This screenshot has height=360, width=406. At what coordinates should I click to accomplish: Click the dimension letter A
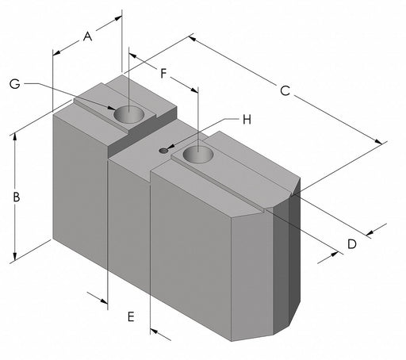click(87, 36)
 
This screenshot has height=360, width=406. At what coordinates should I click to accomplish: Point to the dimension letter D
click(352, 244)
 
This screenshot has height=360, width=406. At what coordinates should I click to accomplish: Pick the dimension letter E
click(131, 317)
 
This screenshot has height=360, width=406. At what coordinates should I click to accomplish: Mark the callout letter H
click(246, 120)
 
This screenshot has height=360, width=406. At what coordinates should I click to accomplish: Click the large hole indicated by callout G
click(131, 115)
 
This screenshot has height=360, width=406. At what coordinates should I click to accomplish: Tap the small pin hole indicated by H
click(163, 150)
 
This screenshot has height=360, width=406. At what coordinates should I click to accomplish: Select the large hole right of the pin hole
click(197, 154)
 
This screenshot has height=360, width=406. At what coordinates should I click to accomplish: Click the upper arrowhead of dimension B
click(14, 136)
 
